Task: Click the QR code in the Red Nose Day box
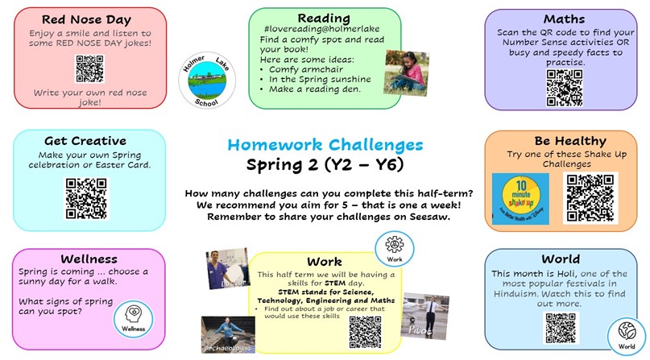tap(89, 69)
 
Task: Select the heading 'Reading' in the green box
tap(324, 18)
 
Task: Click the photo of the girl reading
tap(405, 73)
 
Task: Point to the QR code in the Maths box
tap(564, 87)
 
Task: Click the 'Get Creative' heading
tap(85, 142)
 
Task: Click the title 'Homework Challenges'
tap(325, 145)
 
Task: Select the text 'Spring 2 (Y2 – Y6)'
tap(325, 166)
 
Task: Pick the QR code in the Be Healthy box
tap(590, 198)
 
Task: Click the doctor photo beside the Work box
tap(226, 271)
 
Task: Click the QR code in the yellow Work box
tap(364, 331)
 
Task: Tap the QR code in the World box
tap(561, 328)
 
